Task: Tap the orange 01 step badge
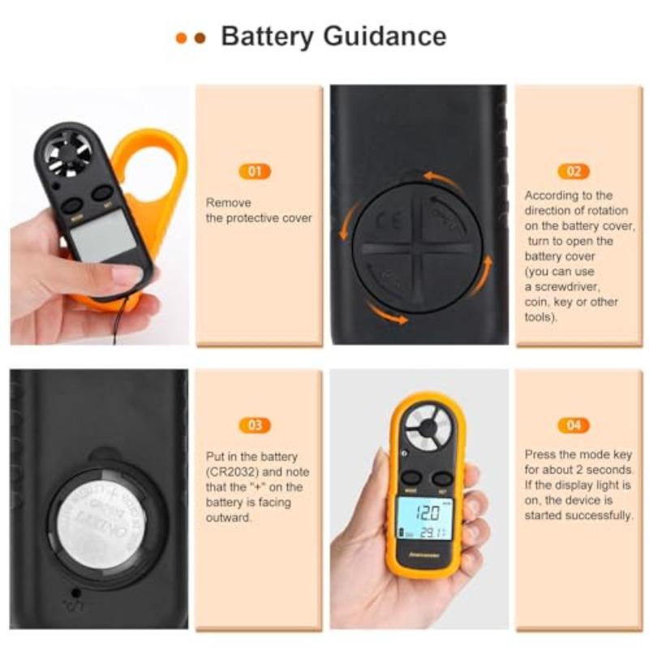pyautogui.click(x=255, y=172)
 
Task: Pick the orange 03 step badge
pyautogui.click(x=255, y=425)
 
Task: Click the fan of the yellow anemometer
pyautogui.click(x=428, y=427)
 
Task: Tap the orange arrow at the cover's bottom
pyautogui.click(x=385, y=312)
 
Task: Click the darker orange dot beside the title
pyautogui.click(x=200, y=37)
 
